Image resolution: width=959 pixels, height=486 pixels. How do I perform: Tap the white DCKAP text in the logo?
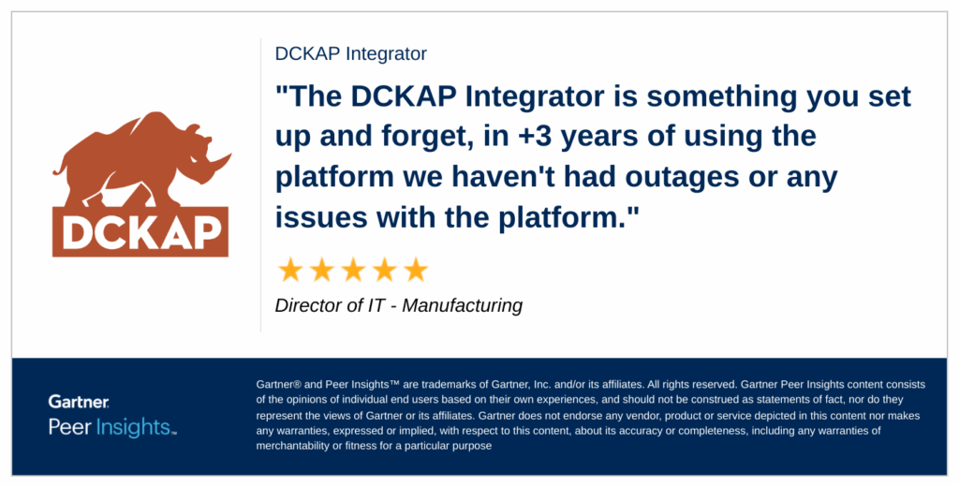pyautogui.click(x=141, y=233)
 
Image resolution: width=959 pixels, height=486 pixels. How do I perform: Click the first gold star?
pyautogui.click(x=290, y=270)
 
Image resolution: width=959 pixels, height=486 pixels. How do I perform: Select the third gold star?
pyautogui.click(x=353, y=270)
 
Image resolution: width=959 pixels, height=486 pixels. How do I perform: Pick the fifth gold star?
pyautogui.click(x=416, y=270)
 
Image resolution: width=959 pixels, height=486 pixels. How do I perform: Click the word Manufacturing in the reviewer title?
pyautogui.click(x=463, y=305)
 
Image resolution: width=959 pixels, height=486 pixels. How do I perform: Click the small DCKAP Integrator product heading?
pyautogui.click(x=351, y=53)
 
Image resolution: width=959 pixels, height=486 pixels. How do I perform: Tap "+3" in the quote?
pyautogui.click(x=535, y=137)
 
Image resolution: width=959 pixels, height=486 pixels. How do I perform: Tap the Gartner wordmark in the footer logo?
pyautogui.click(x=79, y=402)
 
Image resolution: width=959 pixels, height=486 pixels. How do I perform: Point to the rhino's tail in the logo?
pyautogui.click(x=60, y=165)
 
